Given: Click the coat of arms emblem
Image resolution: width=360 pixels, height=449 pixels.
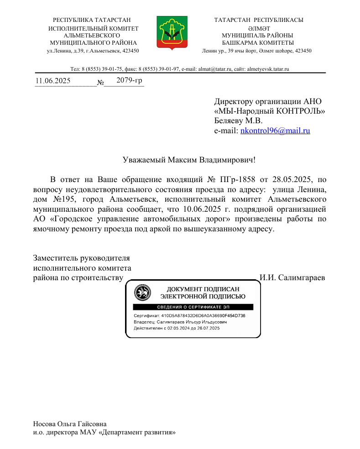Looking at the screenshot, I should (x=170, y=32).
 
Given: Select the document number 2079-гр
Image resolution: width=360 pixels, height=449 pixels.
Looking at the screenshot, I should (x=129, y=80).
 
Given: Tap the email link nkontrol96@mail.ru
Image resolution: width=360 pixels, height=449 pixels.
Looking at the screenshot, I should (x=275, y=131).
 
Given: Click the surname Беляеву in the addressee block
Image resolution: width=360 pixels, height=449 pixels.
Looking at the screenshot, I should (x=229, y=121).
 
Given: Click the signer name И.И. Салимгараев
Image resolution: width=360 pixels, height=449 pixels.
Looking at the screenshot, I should (x=292, y=277).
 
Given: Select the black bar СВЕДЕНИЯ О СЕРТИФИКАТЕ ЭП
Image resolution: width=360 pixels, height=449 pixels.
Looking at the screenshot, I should (x=193, y=307).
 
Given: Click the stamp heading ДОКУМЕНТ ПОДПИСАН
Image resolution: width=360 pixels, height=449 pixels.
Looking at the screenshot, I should (x=201, y=289).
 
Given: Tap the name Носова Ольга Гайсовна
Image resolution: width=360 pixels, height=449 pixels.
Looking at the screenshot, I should (x=70, y=424).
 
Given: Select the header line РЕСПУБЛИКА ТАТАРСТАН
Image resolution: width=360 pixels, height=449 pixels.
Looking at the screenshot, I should (x=92, y=20).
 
